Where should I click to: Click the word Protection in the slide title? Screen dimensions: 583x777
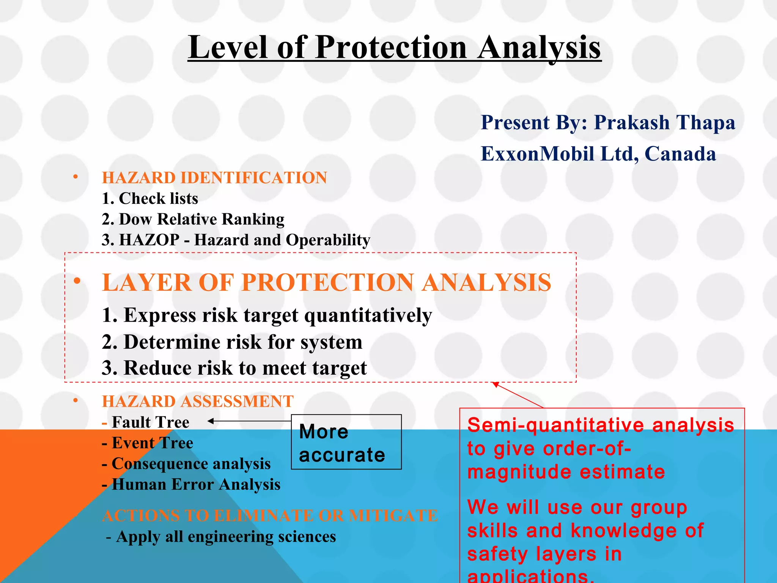[391, 47]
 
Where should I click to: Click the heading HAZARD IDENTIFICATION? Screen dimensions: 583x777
[214, 178]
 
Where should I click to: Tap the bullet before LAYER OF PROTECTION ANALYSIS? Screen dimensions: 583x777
[77, 281]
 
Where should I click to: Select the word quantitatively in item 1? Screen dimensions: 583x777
[368, 315]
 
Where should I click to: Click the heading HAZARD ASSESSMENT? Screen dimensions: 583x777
[198, 401]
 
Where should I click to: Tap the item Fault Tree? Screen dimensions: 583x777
[150, 422]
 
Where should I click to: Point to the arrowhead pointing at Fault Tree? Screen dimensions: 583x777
[211, 421]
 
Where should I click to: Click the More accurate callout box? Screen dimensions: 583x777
[346, 442]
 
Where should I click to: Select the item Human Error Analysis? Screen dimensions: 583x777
[196, 484]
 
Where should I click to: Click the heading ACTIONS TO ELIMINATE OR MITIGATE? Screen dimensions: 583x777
[270, 515]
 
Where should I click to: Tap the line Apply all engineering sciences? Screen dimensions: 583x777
[226, 537]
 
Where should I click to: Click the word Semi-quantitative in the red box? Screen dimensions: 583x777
[556, 425]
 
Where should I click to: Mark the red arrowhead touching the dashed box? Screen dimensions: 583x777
[495, 384]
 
